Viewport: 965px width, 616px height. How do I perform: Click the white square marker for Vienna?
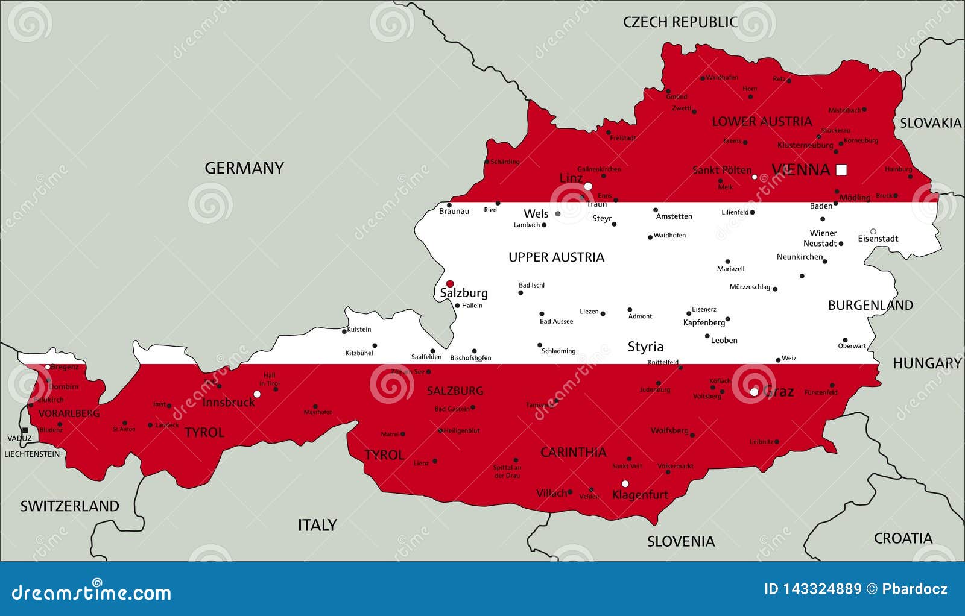841,169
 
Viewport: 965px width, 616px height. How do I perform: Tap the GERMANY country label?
244,168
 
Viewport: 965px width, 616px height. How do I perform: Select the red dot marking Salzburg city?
449,283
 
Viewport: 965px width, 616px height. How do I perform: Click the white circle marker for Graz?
754,392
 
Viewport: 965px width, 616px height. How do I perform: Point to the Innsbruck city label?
229,402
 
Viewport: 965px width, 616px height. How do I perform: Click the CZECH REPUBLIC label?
680,22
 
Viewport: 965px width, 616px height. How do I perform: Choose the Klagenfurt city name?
640,495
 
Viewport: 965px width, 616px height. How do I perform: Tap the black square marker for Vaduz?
25,430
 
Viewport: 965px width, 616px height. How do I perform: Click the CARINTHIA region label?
573,452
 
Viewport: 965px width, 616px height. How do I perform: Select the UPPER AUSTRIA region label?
556,257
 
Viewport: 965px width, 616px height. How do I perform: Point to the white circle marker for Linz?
588,186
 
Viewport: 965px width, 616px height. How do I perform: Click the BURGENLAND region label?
870,306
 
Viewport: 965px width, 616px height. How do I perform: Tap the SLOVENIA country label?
681,541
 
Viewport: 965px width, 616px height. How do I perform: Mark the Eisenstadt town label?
878,239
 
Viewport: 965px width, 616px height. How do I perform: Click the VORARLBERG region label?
69,413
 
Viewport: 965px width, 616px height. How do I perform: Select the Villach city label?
551,493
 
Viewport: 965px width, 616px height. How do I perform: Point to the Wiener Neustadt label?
821,238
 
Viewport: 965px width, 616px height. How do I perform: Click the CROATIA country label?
903,538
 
